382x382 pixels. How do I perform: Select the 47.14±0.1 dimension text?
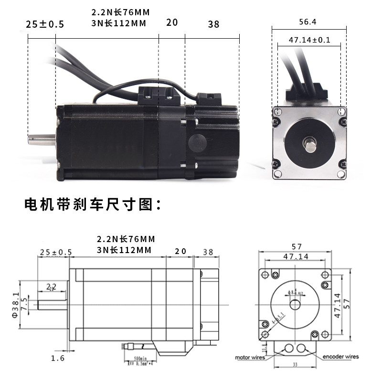click(x=309, y=40)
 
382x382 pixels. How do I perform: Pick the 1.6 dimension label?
click(x=57, y=358)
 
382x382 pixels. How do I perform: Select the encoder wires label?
click(x=340, y=357)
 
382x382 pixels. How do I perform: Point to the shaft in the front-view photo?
click(x=309, y=143)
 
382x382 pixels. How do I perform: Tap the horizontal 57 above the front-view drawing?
click(x=296, y=247)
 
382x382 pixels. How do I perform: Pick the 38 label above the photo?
click(x=213, y=23)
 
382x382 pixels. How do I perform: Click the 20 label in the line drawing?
click(x=180, y=251)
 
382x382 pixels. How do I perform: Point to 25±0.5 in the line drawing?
click(x=56, y=252)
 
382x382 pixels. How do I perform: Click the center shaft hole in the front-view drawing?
click(x=294, y=303)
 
